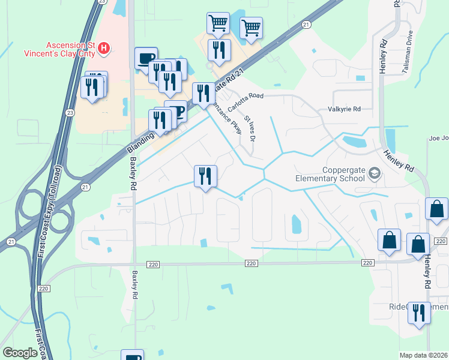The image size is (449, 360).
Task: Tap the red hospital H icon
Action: coord(104,47)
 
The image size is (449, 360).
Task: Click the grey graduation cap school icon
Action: coord(375,173)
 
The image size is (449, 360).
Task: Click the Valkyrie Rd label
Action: coord(344,109)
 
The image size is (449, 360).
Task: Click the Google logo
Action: coord(20,353)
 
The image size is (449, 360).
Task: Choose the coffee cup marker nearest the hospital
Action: coord(146,58)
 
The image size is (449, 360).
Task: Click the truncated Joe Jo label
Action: coord(438,139)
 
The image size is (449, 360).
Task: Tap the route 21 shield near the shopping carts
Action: coord(306,25)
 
